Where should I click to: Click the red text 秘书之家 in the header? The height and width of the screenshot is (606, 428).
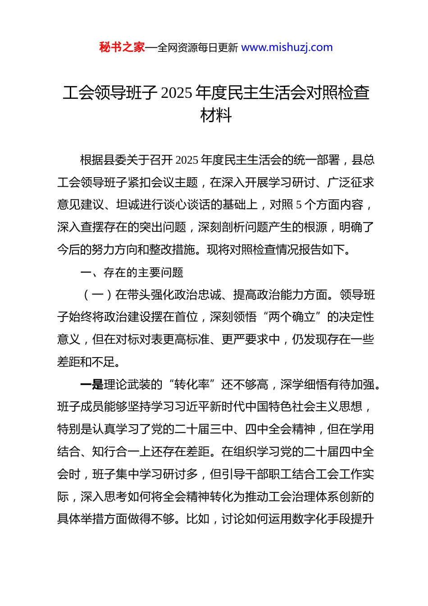tap(122, 47)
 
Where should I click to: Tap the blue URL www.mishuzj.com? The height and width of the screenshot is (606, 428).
tap(287, 47)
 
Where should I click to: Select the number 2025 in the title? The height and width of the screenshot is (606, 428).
tap(176, 93)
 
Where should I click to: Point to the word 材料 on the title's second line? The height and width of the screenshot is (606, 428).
tap(216, 115)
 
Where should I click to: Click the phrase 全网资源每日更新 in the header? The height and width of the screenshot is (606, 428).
tap(198, 47)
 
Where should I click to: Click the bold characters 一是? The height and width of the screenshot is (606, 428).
tap(92, 385)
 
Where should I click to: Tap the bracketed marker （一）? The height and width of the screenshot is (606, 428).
tap(98, 295)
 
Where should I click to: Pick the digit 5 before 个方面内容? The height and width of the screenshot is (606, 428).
tap(299, 205)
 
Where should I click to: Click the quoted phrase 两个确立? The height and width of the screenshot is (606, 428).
tap(292, 317)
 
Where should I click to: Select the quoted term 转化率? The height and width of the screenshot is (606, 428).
tap(192, 385)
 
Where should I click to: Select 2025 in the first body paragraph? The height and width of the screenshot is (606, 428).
tap(187, 160)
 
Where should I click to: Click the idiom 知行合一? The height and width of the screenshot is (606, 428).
tap(116, 452)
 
